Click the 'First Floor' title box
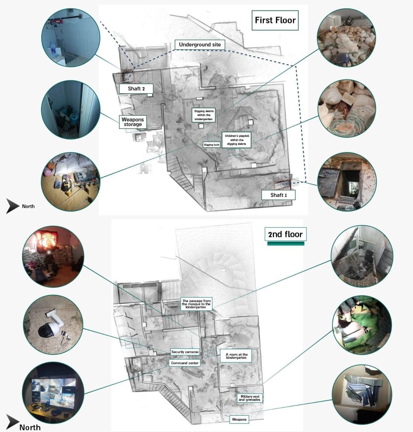click(x=275, y=20)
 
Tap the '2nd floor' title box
click(x=285, y=234)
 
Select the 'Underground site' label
click(x=200, y=44)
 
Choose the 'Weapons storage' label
click(x=132, y=122)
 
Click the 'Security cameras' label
click(x=185, y=352)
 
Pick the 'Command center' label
click(x=185, y=363)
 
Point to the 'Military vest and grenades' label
click(x=250, y=398)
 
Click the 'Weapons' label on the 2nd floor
click(x=239, y=419)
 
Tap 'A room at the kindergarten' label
click(x=236, y=356)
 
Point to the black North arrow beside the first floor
click(x=13, y=206)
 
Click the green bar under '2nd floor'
click(x=285, y=244)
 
